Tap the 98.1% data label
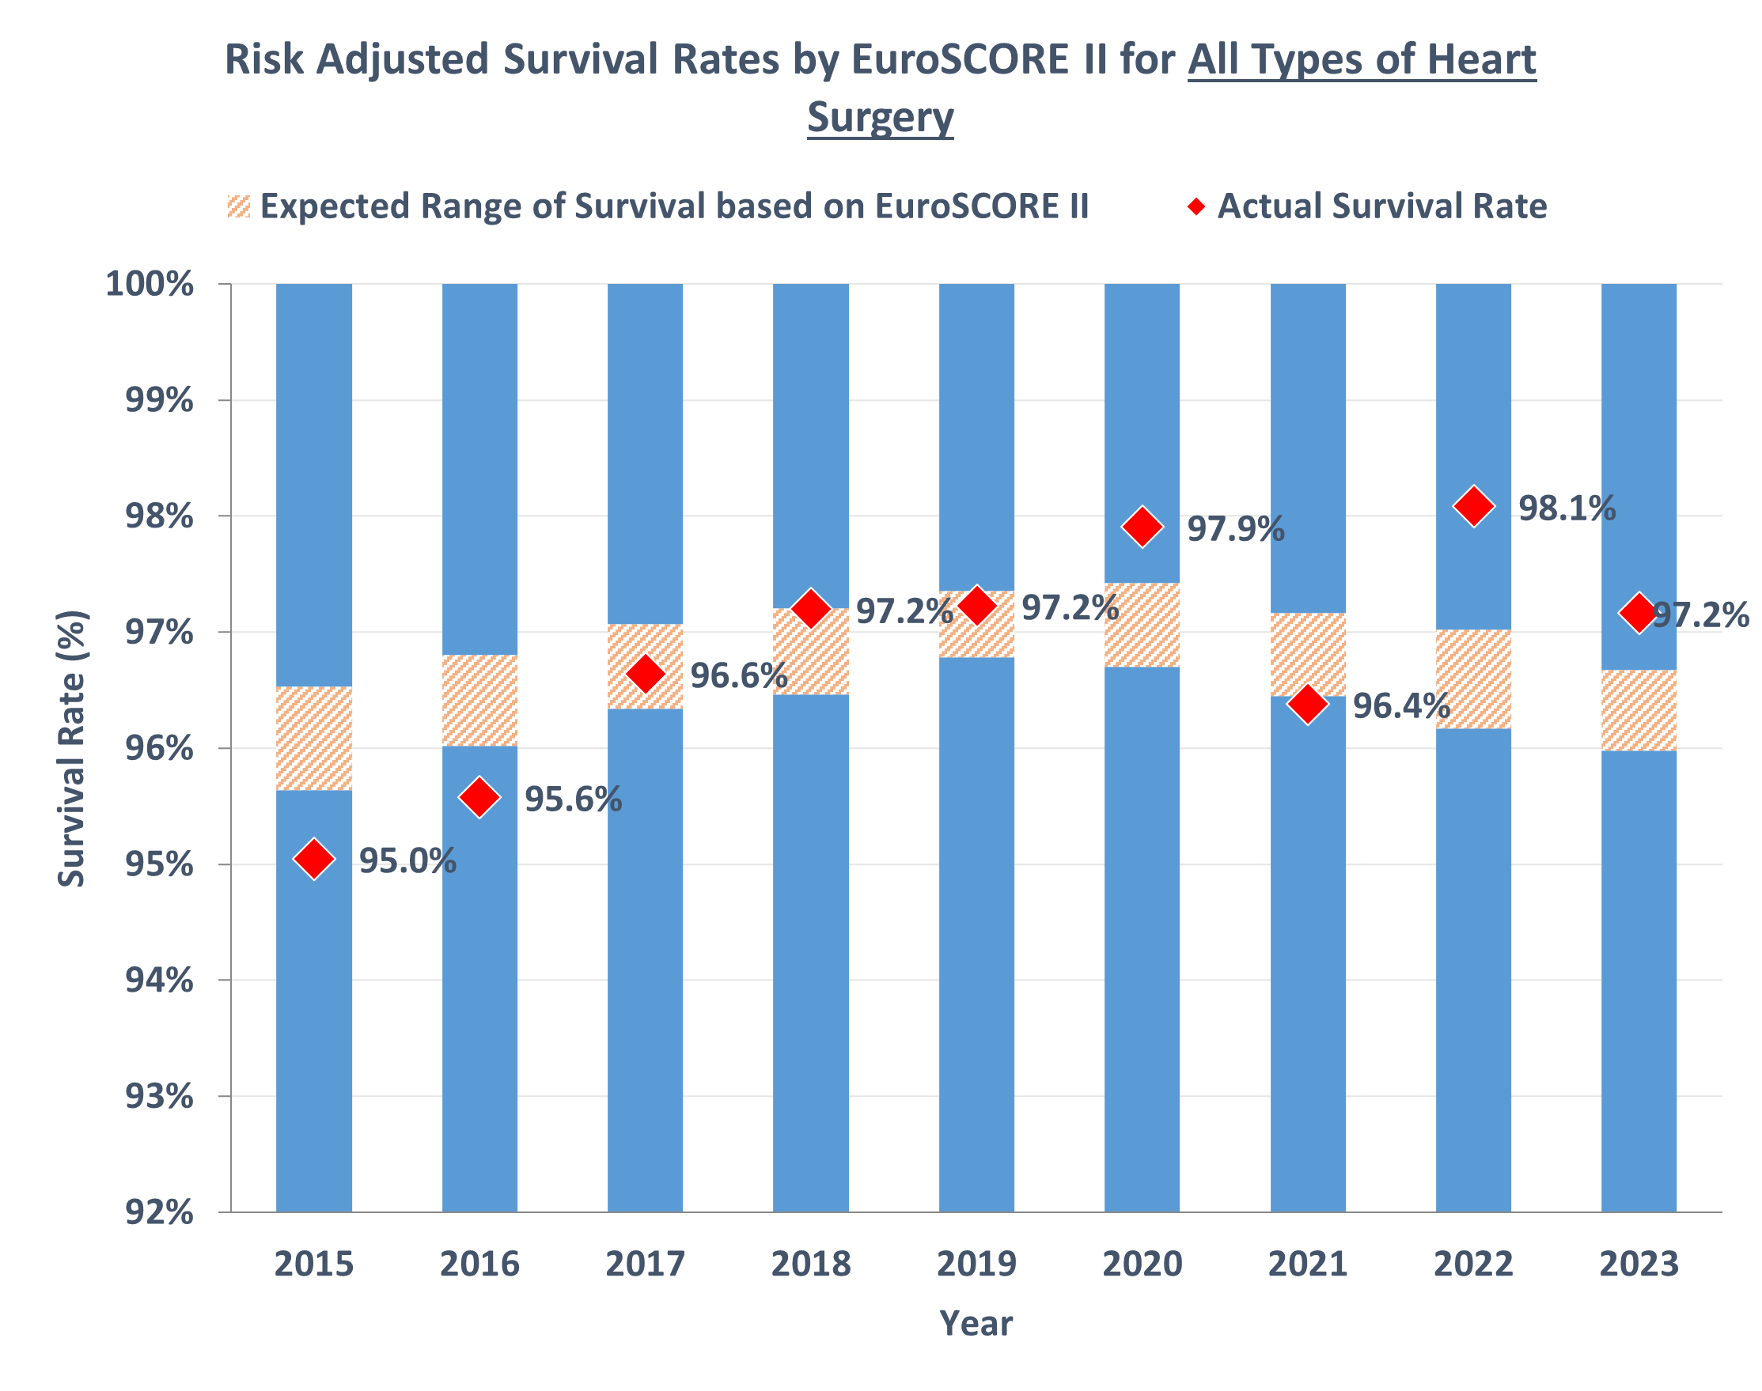[x=1567, y=508]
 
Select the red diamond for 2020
[x=1142, y=527]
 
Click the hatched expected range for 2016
[x=479, y=701]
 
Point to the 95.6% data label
[x=573, y=799]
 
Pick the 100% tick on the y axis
[x=150, y=284]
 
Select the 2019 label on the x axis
[x=976, y=1264]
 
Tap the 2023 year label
[x=1639, y=1264]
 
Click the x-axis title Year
[x=976, y=1324]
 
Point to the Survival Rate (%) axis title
[x=72, y=748]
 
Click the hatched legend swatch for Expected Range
[x=239, y=206]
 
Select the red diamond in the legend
[x=1196, y=206]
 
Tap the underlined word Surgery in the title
[x=880, y=117]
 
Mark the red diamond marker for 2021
[x=1307, y=704]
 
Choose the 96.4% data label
[x=1401, y=706]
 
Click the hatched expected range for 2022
[x=1474, y=679]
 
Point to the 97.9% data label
[x=1235, y=529]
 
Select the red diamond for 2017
[x=645, y=674]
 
